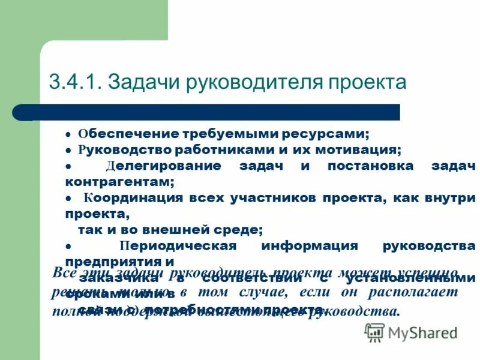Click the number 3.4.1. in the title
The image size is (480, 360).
76,82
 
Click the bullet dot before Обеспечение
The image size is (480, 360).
68,134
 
